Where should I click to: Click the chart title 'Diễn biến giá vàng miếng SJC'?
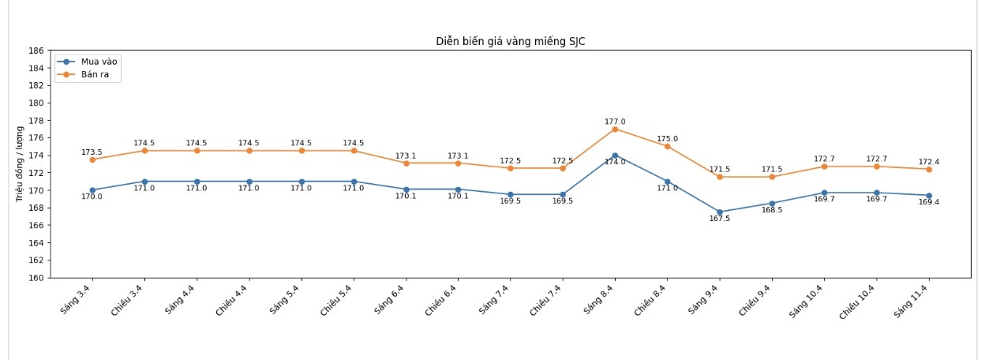tap(511, 41)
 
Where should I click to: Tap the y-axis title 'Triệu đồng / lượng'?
tap(20, 164)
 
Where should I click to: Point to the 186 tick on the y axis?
tap(36, 51)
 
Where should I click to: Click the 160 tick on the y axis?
tap(36, 278)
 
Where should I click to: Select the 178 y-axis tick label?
tap(36, 121)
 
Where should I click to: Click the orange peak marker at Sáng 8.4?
tap(615, 129)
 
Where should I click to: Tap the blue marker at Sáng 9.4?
tap(719, 212)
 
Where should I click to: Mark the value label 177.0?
tap(615, 122)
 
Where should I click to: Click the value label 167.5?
tap(719, 219)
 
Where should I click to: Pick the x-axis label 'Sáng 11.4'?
tap(912, 302)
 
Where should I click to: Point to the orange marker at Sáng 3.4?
tap(92, 159)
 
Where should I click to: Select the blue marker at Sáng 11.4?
tap(929, 196)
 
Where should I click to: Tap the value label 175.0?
tap(667, 139)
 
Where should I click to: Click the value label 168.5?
tap(772, 210)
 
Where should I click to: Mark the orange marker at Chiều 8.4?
tap(667, 146)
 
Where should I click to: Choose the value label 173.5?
tap(92, 152)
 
